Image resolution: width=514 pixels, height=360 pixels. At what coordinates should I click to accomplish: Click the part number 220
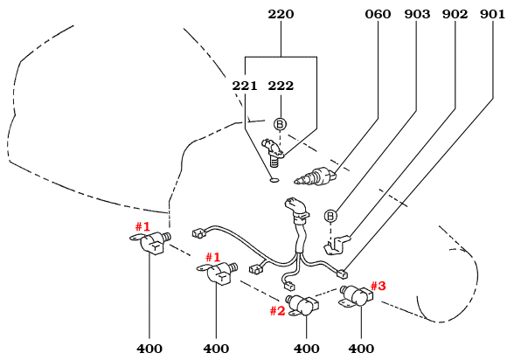281,15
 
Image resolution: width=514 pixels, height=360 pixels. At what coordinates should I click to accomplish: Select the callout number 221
246,86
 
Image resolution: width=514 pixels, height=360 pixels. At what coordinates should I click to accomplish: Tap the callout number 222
281,86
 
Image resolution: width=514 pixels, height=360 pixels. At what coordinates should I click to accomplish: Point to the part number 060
379,15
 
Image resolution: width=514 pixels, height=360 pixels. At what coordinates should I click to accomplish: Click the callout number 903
417,15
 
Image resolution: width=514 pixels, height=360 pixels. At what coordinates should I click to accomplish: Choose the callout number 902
455,15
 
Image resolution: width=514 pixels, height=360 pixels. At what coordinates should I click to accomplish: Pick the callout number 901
492,15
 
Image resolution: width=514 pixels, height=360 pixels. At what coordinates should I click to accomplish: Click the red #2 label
277,310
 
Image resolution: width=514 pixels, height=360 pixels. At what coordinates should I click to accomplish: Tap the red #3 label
378,285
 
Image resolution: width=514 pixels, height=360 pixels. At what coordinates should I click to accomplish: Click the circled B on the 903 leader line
330,216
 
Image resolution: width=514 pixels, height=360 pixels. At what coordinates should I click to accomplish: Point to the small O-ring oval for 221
274,181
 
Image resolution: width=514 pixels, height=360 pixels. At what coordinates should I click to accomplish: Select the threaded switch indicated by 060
316,173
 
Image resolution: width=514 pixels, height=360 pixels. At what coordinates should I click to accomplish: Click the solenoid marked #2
303,306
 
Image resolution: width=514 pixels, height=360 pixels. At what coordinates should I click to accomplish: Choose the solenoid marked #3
355,295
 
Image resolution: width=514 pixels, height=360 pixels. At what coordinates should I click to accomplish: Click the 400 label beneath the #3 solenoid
361,349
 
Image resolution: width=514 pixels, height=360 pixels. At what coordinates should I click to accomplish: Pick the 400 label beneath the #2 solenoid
307,349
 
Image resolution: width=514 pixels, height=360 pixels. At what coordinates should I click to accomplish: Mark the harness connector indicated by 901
342,272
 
